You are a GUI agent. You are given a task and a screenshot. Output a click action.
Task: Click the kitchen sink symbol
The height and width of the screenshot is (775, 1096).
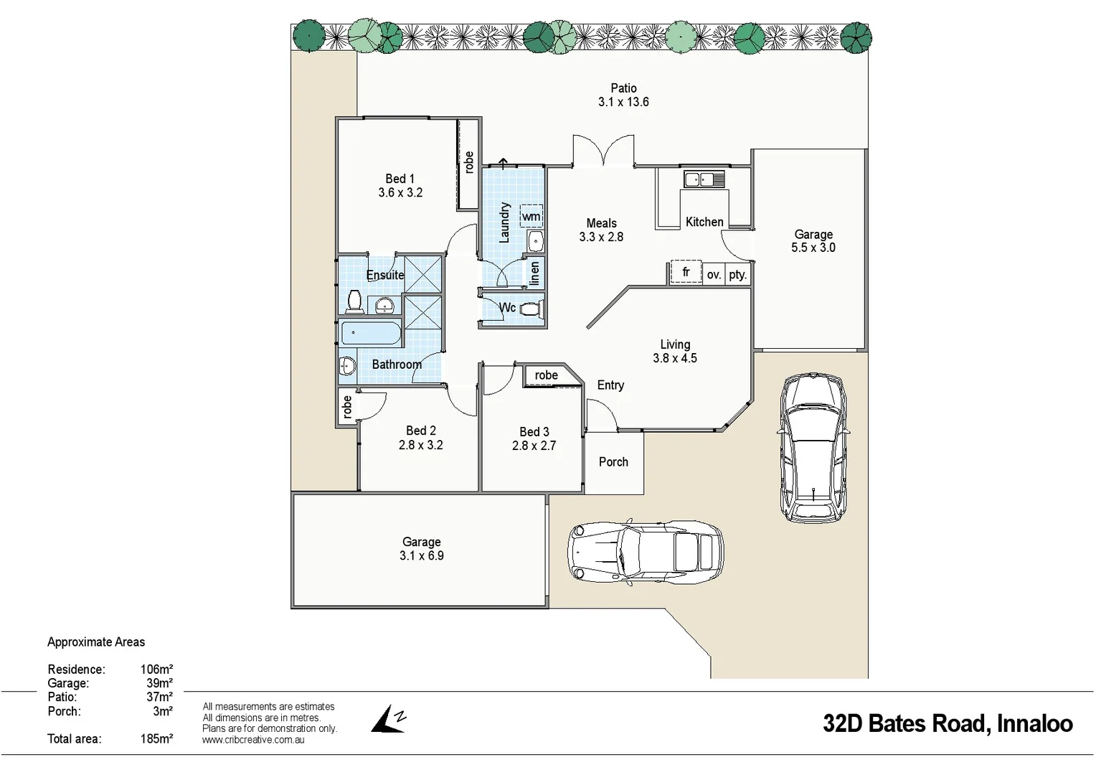(704, 179)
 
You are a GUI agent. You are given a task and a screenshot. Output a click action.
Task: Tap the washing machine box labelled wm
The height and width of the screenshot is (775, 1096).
(531, 216)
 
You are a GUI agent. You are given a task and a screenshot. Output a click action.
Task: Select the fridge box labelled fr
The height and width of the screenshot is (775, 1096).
(686, 273)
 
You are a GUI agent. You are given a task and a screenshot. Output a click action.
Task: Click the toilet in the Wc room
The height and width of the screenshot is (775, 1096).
(531, 309)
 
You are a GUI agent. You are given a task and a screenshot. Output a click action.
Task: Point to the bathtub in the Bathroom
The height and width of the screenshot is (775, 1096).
(370, 334)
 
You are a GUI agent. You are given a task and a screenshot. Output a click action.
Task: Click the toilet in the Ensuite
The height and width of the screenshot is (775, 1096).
(354, 301)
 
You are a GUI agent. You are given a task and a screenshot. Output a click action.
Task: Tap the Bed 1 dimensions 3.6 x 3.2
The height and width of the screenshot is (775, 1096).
(400, 192)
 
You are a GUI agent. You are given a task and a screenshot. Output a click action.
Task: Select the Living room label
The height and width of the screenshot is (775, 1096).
(675, 344)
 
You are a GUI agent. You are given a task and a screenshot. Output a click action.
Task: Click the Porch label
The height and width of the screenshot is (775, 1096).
(613, 462)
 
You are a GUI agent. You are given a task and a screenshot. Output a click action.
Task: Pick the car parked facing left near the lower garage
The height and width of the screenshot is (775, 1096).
(646, 551)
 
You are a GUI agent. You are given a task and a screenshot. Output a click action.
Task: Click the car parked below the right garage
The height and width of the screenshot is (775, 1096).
(813, 446)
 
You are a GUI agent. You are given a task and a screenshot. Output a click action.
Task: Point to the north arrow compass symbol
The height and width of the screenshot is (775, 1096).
(389, 719)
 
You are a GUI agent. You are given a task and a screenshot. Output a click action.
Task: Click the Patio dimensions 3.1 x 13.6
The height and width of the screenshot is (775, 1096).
(623, 102)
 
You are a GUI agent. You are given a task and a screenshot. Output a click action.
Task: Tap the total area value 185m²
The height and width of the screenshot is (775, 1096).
(156, 738)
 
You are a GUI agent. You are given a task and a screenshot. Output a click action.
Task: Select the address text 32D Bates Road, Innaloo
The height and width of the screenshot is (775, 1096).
(947, 723)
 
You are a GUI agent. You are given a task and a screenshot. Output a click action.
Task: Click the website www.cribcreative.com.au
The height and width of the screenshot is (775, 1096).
(253, 740)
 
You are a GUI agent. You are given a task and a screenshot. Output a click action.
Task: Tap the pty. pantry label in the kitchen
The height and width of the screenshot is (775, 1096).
(737, 275)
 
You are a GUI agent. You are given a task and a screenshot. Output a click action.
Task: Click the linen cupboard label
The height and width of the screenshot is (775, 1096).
(534, 273)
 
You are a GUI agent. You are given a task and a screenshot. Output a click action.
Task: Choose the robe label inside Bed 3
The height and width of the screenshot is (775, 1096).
(546, 375)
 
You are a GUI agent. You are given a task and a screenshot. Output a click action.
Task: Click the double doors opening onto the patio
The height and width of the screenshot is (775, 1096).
(603, 152)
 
